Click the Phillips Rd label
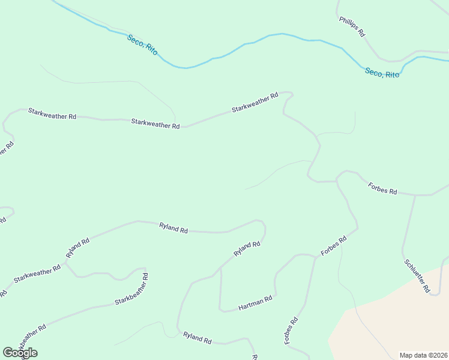pos(352,27)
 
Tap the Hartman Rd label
pos(255,299)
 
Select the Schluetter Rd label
pos(417,276)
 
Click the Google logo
pos(20,353)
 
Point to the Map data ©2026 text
pos(424,355)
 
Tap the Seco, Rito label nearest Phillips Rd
pos(382,73)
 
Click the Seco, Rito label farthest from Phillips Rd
pos(142,45)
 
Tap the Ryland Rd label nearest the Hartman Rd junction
pos(247,248)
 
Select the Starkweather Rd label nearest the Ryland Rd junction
pos(37,274)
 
